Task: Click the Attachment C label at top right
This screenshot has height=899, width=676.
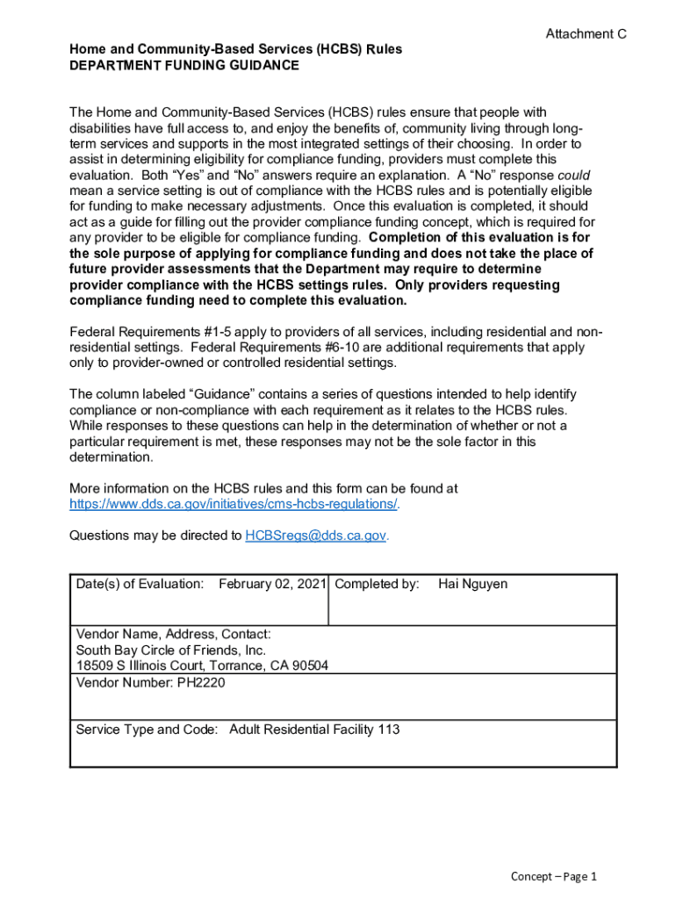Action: (x=586, y=34)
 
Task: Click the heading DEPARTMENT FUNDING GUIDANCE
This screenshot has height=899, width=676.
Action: (x=184, y=66)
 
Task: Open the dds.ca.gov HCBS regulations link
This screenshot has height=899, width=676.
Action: (x=234, y=504)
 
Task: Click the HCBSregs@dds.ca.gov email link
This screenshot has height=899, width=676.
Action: (x=315, y=536)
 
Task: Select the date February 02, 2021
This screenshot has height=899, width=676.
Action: (x=272, y=585)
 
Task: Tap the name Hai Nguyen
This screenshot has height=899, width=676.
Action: (x=472, y=585)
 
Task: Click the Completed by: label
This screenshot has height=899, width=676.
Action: (x=377, y=585)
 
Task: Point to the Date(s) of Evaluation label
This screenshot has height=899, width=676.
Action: (x=140, y=585)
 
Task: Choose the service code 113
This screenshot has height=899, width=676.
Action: (x=389, y=730)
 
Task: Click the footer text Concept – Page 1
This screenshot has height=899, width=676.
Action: (x=554, y=876)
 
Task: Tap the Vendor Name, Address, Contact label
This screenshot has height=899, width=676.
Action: (x=173, y=635)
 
